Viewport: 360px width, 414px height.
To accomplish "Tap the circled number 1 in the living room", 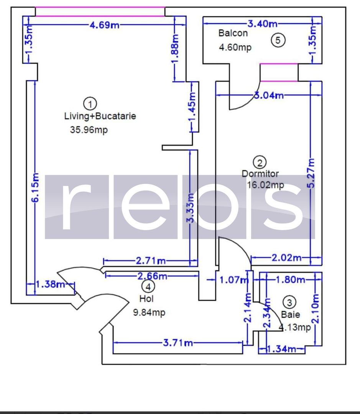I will pyautogui.click(x=90, y=103).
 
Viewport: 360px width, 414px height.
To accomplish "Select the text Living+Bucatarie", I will pyautogui.click(x=100, y=116).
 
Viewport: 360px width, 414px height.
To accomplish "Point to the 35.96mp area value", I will pyautogui.click(x=89, y=130).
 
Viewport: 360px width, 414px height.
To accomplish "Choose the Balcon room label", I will pyautogui.click(x=233, y=33).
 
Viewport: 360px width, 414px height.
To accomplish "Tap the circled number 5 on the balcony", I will pyautogui.click(x=278, y=40).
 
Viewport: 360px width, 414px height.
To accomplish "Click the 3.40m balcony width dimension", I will pyautogui.click(x=263, y=24).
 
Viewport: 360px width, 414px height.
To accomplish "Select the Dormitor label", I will pyautogui.click(x=260, y=174).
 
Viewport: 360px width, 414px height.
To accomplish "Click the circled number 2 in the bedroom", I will pyautogui.click(x=260, y=162).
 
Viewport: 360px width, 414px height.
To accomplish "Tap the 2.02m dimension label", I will pyautogui.click(x=286, y=258).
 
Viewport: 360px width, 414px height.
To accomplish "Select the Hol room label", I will pyautogui.click(x=147, y=298).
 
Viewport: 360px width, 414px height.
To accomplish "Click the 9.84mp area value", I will pyautogui.click(x=149, y=313).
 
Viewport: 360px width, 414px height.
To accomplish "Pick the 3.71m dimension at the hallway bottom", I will pyautogui.click(x=178, y=343).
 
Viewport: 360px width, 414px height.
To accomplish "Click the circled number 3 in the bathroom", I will pyautogui.click(x=289, y=302).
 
